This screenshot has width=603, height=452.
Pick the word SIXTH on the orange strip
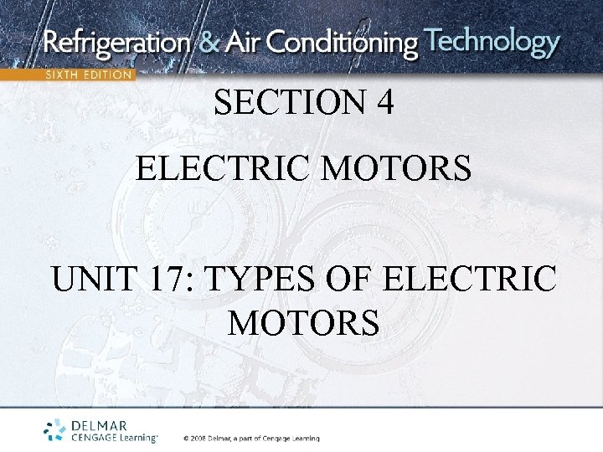[62, 74]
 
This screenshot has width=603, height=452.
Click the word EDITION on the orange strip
[107, 74]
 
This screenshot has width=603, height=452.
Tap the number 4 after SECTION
[384, 103]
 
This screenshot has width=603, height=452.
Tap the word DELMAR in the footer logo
[98, 426]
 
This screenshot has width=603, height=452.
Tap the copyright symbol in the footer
[187, 438]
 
